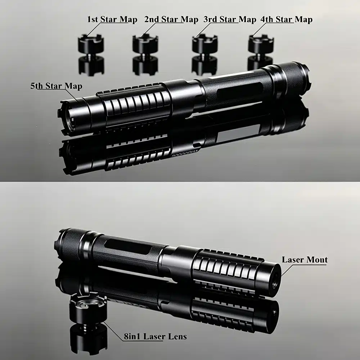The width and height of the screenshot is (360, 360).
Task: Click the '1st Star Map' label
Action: [112, 19]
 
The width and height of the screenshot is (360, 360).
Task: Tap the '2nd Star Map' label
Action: [171, 19]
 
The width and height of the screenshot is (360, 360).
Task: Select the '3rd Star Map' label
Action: [230, 19]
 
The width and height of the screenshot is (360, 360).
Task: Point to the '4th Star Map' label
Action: [286, 19]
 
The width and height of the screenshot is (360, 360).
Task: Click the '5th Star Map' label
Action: [56, 86]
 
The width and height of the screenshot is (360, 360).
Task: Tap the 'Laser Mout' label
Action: [305, 260]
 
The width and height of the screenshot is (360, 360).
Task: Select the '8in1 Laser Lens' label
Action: [155, 337]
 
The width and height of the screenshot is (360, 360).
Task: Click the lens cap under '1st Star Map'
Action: [91, 45]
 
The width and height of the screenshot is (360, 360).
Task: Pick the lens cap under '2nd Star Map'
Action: [145, 45]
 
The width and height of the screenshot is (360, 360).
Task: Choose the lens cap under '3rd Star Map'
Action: [204, 45]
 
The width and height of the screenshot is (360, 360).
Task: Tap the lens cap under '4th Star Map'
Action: [261, 45]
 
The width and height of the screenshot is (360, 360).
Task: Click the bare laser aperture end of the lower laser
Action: [274, 276]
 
